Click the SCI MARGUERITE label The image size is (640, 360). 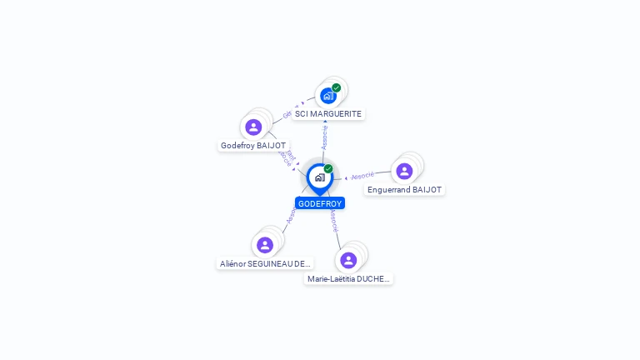[x=328, y=113]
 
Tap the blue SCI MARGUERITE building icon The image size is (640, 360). [x=328, y=95]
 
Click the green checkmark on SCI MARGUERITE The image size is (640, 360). [x=337, y=87]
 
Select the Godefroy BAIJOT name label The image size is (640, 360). [x=253, y=145]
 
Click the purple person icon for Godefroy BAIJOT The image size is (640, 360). [x=253, y=127]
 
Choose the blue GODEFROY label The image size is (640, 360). [x=320, y=203]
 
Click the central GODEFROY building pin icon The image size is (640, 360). [x=319, y=177]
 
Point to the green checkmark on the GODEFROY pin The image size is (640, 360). [x=328, y=169]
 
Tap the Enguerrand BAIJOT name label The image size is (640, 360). [x=405, y=189]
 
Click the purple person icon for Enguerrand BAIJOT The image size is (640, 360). [x=404, y=171]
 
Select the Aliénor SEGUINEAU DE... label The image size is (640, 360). [x=265, y=263]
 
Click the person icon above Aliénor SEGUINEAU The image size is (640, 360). [x=265, y=245]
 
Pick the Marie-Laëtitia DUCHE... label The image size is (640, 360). [x=348, y=279]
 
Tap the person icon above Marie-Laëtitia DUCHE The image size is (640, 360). [x=348, y=260]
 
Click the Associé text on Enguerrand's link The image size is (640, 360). [x=362, y=176]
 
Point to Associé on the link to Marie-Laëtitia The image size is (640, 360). [x=333, y=221]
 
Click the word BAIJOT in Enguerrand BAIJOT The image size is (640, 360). [x=427, y=189]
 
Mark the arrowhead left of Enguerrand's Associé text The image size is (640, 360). [x=346, y=177]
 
